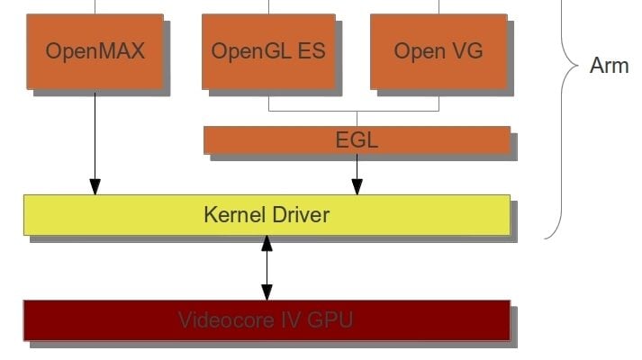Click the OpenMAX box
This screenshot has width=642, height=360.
(x=95, y=50)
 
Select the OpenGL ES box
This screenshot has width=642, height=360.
(x=269, y=50)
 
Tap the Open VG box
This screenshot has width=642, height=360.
(x=438, y=50)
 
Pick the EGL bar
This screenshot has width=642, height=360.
(x=357, y=139)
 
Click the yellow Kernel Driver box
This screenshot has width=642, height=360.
(x=267, y=215)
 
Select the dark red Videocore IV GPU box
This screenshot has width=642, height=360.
(x=267, y=319)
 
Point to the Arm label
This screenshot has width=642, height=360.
(x=609, y=67)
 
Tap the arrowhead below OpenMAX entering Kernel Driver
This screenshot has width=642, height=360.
(x=95, y=186)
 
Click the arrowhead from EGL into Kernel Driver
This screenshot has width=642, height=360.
(x=357, y=186)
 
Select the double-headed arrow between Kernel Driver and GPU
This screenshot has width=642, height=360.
(x=267, y=267)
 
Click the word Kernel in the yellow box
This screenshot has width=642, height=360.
(x=230, y=215)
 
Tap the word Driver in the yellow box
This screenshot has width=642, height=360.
(x=296, y=215)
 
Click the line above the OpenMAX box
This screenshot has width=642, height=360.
(x=95, y=6)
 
